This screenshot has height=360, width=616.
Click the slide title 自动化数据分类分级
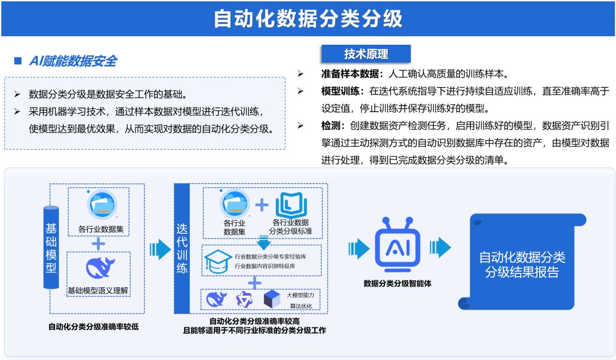pyautogui.click(x=308, y=18)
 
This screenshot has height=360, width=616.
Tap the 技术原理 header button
pyautogui.click(x=366, y=54)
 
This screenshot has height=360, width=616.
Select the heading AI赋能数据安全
pyautogui.click(x=73, y=61)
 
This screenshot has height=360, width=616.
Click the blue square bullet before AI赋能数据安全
pyautogui.click(x=18, y=60)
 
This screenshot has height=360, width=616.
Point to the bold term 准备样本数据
pyautogui.click(x=350, y=73)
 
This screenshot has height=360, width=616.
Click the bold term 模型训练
pyautogui.click(x=341, y=91)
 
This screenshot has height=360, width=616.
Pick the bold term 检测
pyautogui.click(x=331, y=126)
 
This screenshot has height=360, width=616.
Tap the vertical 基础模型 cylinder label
pyautogui.click(x=51, y=247)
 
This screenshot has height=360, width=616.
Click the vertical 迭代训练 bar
pyautogui.click(x=182, y=249)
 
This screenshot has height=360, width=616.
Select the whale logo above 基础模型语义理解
pyautogui.click(x=100, y=268)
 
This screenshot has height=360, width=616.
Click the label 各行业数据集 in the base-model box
pyautogui.click(x=100, y=229)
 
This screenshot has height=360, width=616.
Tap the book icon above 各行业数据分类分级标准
pyautogui.click(x=291, y=205)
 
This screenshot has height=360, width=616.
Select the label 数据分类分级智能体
pyautogui.click(x=397, y=283)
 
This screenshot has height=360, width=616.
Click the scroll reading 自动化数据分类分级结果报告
pyautogui.click(x=522, y=261)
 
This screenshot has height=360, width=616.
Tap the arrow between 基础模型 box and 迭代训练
pyautogui.click(x=160, y=249)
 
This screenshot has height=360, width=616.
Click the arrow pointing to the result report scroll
pyautogui.click(x=440, y=248)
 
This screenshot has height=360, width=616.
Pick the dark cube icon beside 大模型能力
pyautogui.click(x=272, y=299)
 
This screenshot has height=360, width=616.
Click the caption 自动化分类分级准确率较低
pyautogui.click(x=93, y=327)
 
